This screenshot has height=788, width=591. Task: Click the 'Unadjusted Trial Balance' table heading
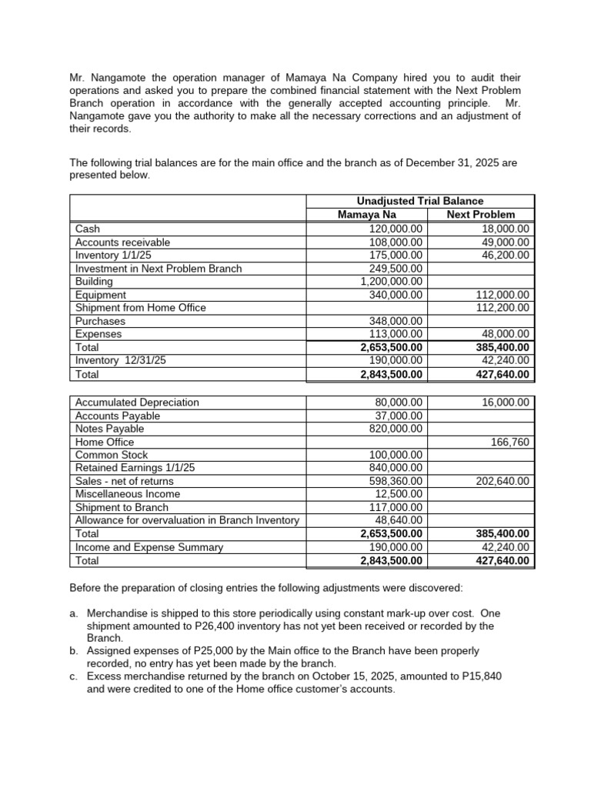tap(420, 201)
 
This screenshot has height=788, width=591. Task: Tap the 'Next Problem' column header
tap(480, 215)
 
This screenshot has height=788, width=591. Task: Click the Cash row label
tap(87, 229)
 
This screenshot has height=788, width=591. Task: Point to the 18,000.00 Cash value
tap(505, 229)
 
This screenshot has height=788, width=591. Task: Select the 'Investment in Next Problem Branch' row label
tap(159, 269)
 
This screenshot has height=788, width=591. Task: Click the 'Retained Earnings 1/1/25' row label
tap(135, 468)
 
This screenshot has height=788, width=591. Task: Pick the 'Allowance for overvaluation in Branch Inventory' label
tap(187, 520)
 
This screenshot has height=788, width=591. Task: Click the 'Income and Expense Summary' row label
tap(149, 547)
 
